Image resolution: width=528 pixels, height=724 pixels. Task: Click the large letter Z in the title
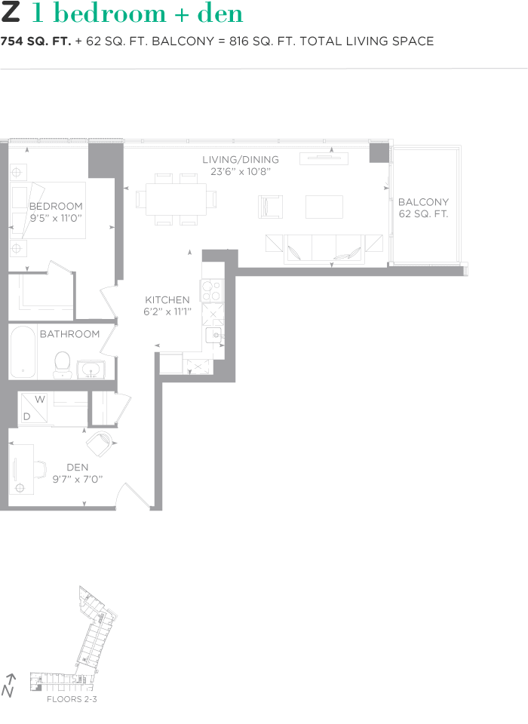pos(11,14)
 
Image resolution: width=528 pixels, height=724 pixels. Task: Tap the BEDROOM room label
pos(56,206)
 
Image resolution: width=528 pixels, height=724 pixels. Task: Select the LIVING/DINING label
pos(241,160)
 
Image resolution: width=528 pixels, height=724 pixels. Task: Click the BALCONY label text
pos(423,202)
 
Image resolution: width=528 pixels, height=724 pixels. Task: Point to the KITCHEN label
pos(167,300)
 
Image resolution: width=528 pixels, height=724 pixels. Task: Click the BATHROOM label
pos(69,334)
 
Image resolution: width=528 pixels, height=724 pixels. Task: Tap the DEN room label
pos(77,468)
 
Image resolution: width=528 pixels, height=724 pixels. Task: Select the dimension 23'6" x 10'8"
pos(241,172)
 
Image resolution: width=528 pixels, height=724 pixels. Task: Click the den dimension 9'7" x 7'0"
pos(77,479)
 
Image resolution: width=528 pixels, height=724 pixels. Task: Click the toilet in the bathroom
pos(62,364)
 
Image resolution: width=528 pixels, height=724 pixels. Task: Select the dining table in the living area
pos(176,200)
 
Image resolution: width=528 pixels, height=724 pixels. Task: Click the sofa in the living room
pos(323,249)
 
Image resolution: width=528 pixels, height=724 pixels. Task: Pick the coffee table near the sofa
pos(324,206)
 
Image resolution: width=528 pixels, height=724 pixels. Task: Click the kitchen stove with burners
pos(211,290)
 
